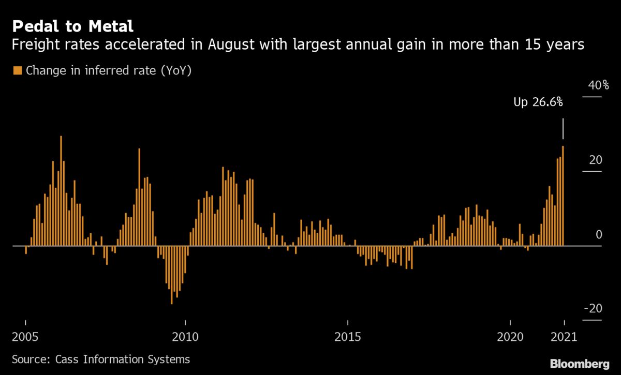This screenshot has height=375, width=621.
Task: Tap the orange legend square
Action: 18,71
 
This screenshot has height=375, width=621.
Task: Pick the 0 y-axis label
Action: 599,234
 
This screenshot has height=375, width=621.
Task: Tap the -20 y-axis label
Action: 593,309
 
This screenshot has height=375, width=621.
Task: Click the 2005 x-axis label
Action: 25,337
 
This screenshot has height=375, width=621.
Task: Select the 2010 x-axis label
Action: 185,337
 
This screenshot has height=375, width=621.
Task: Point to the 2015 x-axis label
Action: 348,337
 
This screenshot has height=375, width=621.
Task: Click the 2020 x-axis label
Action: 510,337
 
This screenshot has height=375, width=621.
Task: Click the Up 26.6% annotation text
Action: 538,102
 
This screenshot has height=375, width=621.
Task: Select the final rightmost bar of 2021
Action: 563,197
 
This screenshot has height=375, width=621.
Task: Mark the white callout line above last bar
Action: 563,128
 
